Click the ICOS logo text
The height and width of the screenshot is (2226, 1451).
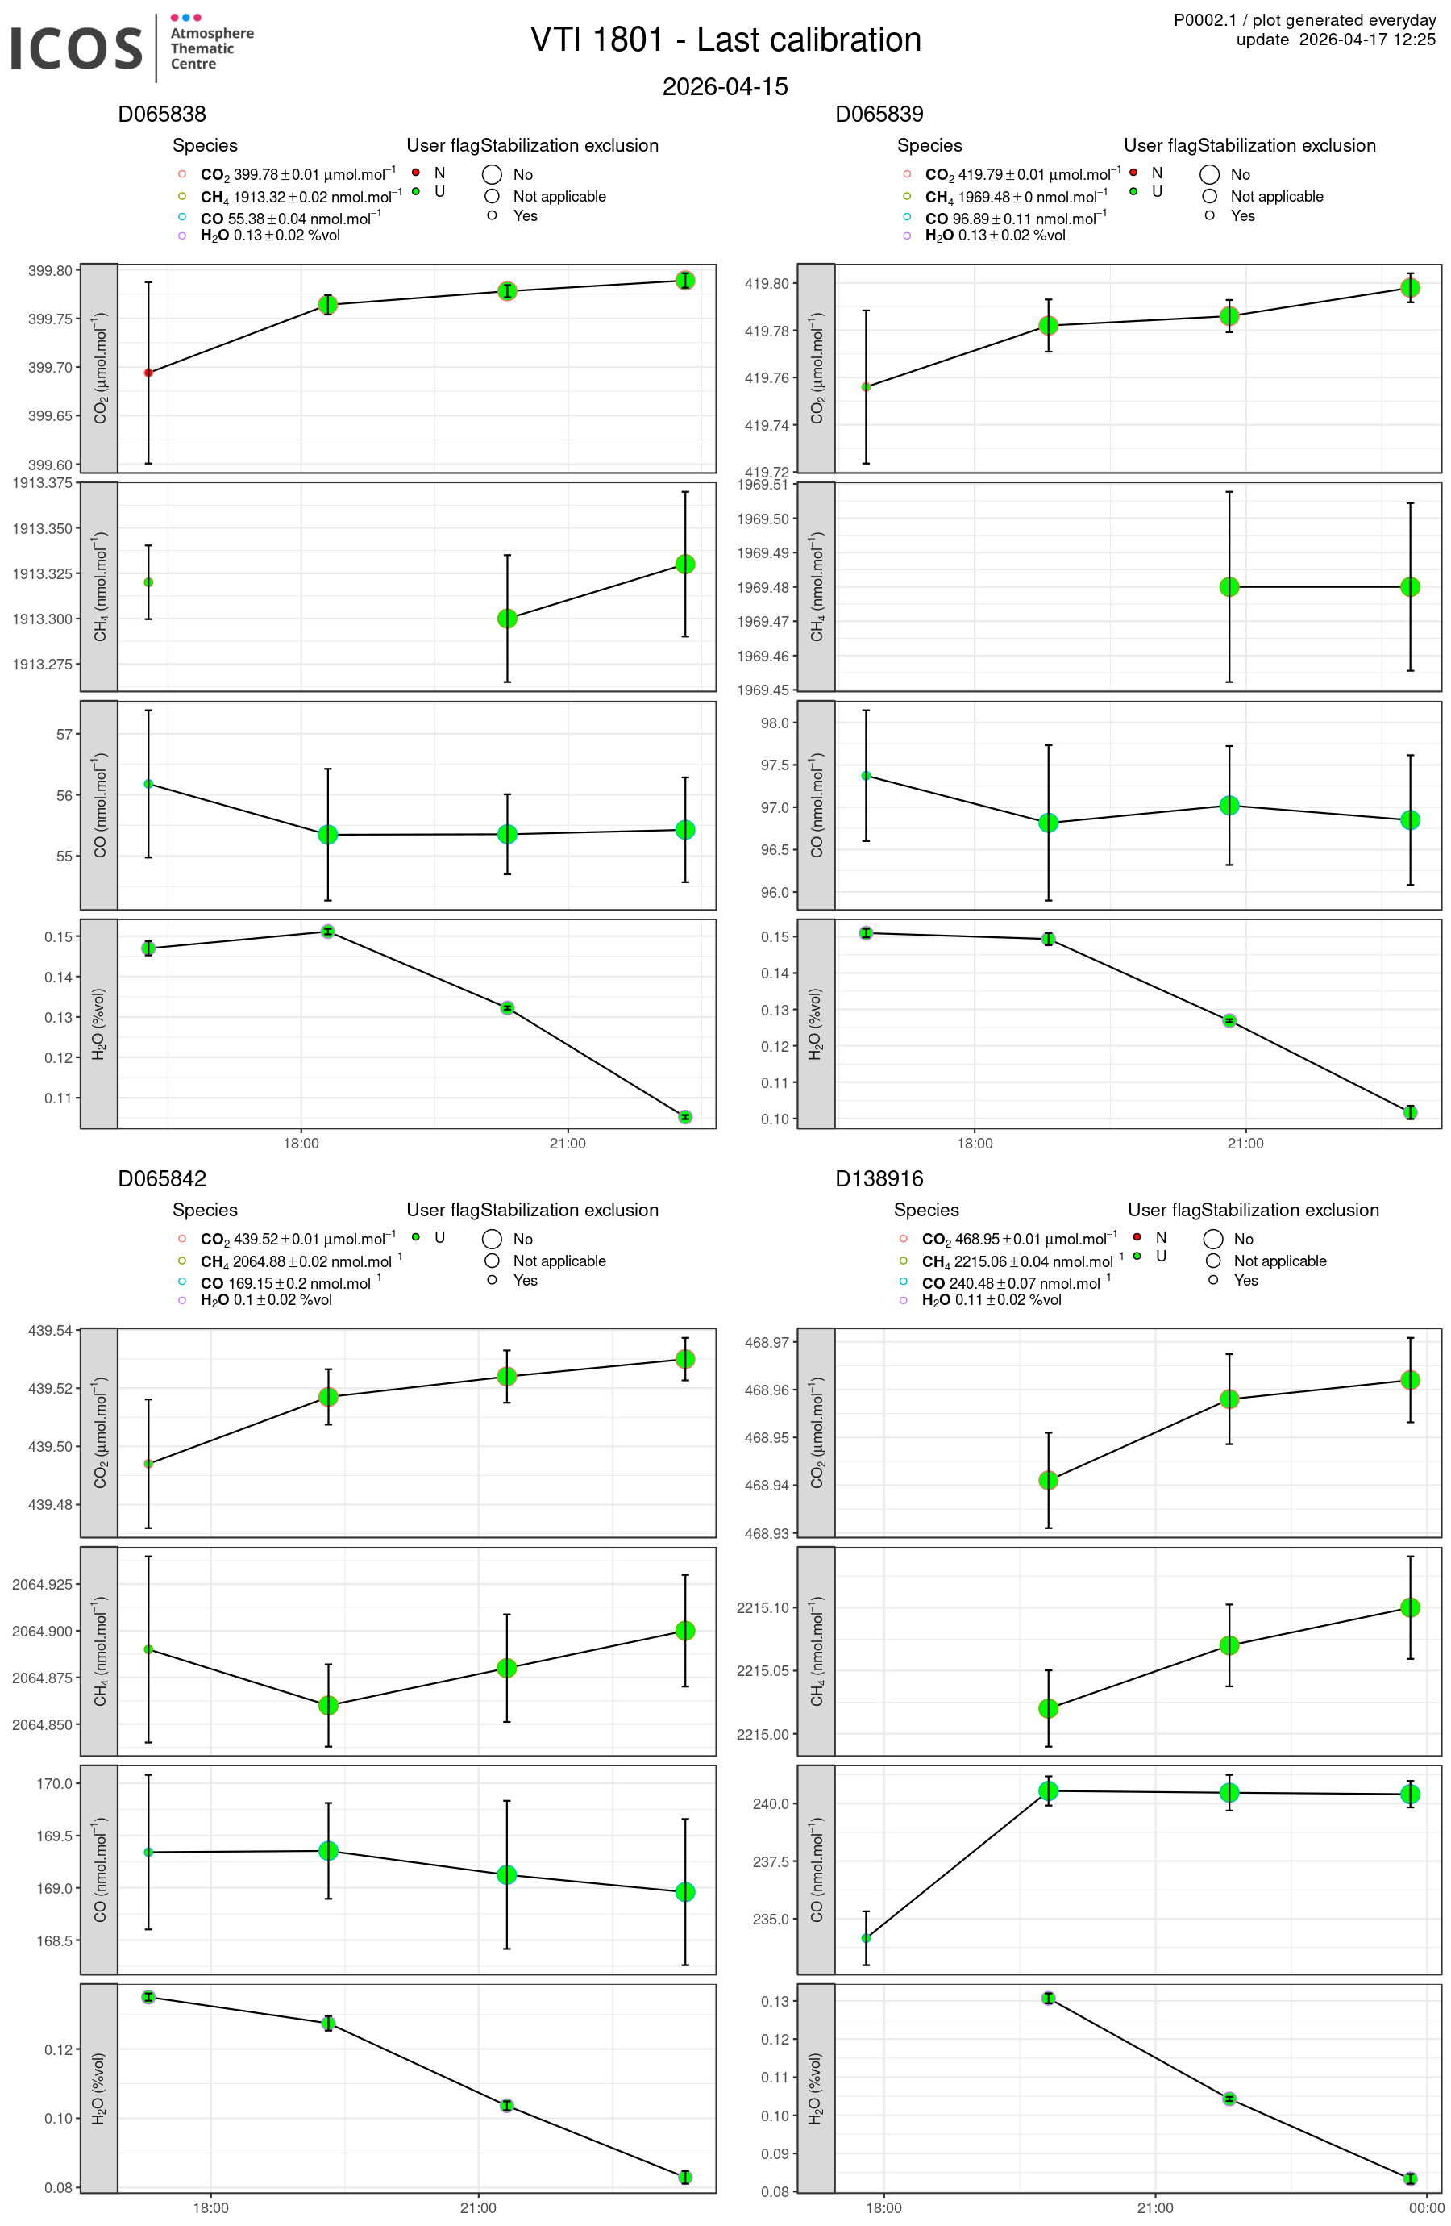coord(76,48)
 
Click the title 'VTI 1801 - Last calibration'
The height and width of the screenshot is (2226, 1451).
coord(725,40)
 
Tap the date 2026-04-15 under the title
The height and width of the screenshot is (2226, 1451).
coord(725,87)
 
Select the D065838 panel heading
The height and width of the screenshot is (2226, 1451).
coord(162,114)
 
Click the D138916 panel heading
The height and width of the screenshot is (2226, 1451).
coord(879,1178)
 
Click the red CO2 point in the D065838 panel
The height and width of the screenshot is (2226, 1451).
coord(148,373)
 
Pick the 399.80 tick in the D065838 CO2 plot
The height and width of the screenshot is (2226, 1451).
coord(51,271)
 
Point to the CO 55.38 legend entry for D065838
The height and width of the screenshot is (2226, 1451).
coord(290,219)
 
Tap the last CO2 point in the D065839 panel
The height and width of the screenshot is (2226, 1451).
coord(1410,288)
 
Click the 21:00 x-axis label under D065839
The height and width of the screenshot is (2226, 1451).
coord(1245,1143)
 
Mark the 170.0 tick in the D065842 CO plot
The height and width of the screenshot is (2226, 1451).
coord(54,1783)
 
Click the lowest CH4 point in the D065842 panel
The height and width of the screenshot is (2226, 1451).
coord(328,1706)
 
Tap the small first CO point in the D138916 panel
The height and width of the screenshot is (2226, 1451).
coord(866,1938)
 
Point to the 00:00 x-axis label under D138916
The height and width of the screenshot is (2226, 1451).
coord(1426,2207)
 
